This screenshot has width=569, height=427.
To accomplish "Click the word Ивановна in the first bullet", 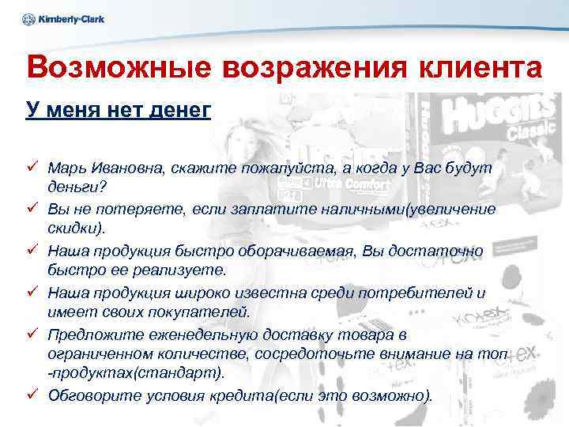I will (120, 168).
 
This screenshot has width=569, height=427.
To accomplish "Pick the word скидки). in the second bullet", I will (76, 229).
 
